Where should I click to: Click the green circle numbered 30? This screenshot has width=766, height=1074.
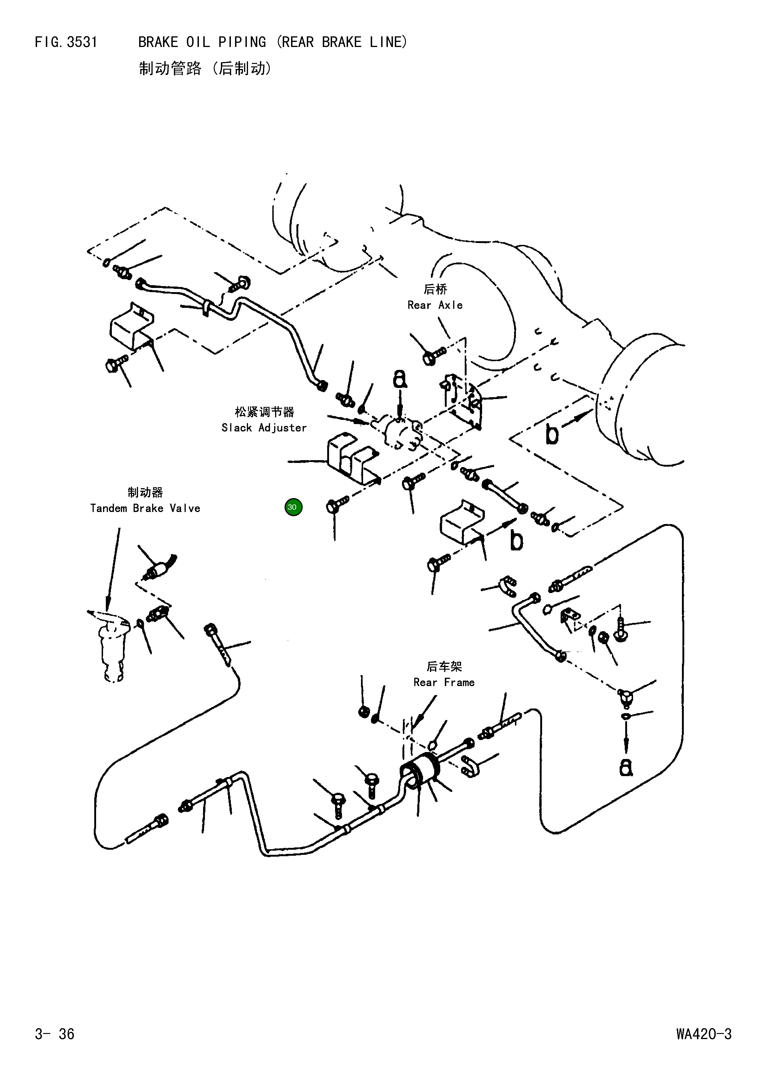[293, 507]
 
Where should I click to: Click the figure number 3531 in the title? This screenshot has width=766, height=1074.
[82, 42]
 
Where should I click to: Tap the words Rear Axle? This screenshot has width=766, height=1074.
[435, 305]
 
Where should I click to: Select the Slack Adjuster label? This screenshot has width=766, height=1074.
[264, 428]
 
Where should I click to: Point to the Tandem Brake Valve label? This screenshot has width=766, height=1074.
[145, 508]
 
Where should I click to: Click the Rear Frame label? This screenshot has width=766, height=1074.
[444, 682]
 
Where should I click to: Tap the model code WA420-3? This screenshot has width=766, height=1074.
[704, 1034]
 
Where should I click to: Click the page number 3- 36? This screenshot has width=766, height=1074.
[55, 1034]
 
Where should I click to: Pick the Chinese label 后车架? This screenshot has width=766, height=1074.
[444, 666]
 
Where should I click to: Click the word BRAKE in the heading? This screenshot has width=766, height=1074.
[158, 42]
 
